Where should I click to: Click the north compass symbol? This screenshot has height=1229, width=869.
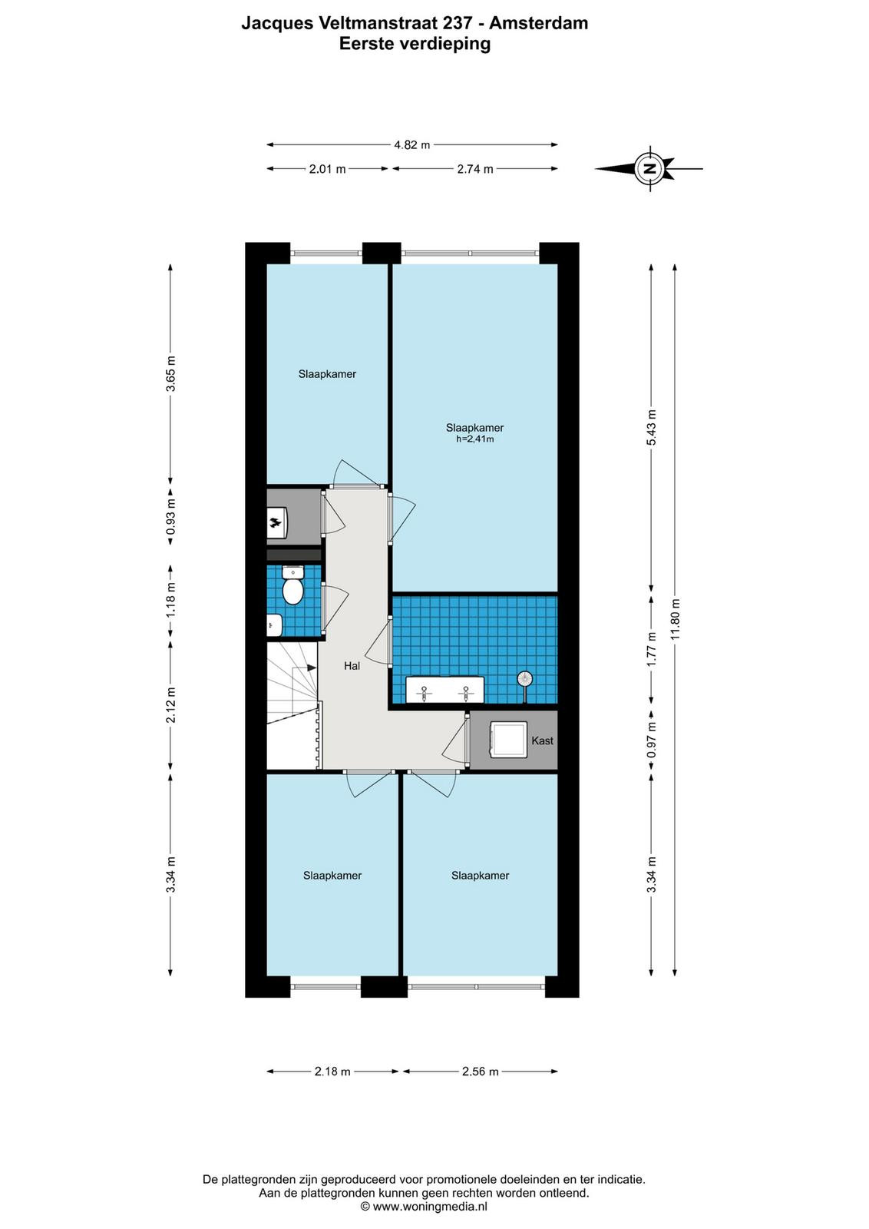tap(649, 168)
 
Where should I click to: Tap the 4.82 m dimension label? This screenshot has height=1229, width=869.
tap(411, 145)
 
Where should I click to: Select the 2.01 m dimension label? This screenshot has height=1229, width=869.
tap(327, 169)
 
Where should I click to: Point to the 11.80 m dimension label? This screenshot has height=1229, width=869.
tap(674, 618)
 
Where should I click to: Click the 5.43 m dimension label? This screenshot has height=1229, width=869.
tap(651, 427)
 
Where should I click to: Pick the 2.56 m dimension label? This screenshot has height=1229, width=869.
tap(481, 1072)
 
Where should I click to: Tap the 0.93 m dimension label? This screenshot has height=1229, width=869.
tap(172, 516)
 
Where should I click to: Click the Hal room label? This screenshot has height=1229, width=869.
tap(352, 666)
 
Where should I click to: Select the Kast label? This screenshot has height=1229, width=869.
tap(542, 740)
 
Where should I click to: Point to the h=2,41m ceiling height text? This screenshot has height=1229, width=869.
tap(474, 439)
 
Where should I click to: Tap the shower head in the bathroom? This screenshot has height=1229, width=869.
tap(525, 679)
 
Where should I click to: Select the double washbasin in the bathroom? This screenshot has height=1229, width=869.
tap(444, 690)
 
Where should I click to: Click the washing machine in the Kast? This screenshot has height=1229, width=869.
tap(507, 740)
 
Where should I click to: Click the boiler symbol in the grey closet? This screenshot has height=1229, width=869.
tap(277, 523)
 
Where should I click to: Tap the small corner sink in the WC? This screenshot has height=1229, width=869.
tap(274, 625)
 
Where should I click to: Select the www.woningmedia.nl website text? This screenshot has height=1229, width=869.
tap(430, 1207)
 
